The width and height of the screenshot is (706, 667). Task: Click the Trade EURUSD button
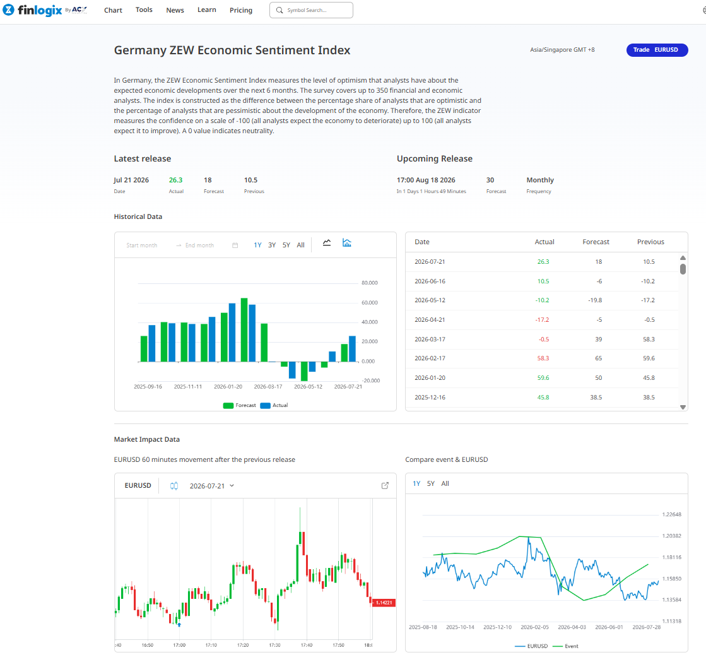coord(657,50)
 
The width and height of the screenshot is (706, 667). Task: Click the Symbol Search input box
coord(311,10)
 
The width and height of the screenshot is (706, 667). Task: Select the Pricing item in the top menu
coord(241,10)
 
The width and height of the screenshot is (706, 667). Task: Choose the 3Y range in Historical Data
coord(272,245)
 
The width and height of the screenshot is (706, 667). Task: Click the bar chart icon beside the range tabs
coord(347,243)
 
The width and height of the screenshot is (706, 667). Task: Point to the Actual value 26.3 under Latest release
coord(175,180)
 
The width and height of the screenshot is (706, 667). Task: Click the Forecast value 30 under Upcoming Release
coord(490,180)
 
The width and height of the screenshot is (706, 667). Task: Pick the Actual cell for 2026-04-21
coord(542,320)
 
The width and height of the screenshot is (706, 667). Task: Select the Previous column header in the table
coord(650,242)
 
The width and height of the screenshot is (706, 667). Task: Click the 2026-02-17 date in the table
coord(430,358)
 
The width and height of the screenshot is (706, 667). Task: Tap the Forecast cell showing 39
coord(598,339)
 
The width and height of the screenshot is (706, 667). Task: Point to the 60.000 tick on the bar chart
coord(370,303)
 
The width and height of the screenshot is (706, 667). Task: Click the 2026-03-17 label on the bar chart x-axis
coord(268,387)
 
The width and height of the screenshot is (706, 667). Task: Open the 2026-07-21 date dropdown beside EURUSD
coord(211,486)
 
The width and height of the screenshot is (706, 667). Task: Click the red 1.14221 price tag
coord(384,603)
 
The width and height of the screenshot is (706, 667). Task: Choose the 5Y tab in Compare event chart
coord(431,484)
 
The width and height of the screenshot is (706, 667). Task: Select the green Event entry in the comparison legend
coord(565,646)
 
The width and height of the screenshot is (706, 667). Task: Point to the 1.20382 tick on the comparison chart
coord(672,536)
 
